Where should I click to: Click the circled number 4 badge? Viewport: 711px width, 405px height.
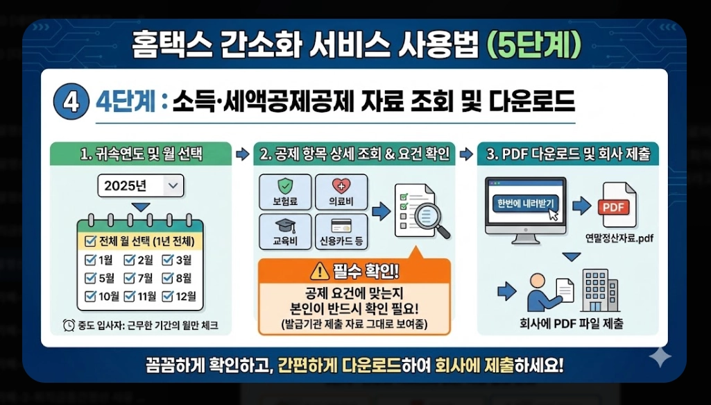point(69,102)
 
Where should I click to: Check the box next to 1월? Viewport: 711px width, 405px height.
point(90,261)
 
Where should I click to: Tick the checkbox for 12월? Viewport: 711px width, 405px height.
point(167,296)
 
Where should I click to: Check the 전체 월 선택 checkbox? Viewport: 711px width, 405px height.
point(89,242)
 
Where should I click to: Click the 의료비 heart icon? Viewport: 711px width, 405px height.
point(341,186)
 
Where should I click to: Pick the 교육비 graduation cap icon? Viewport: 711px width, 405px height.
point(284,226)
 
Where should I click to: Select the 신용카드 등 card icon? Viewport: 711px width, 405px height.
point(341,226)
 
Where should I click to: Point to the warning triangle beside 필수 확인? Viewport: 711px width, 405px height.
point(319,270)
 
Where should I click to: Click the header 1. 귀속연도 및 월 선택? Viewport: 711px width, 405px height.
point(142,154)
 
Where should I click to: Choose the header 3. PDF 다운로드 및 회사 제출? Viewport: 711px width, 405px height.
point(568,154)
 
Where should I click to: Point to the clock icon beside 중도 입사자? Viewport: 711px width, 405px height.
point(69,325)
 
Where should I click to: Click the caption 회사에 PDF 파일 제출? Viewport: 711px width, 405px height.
point(571,323)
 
